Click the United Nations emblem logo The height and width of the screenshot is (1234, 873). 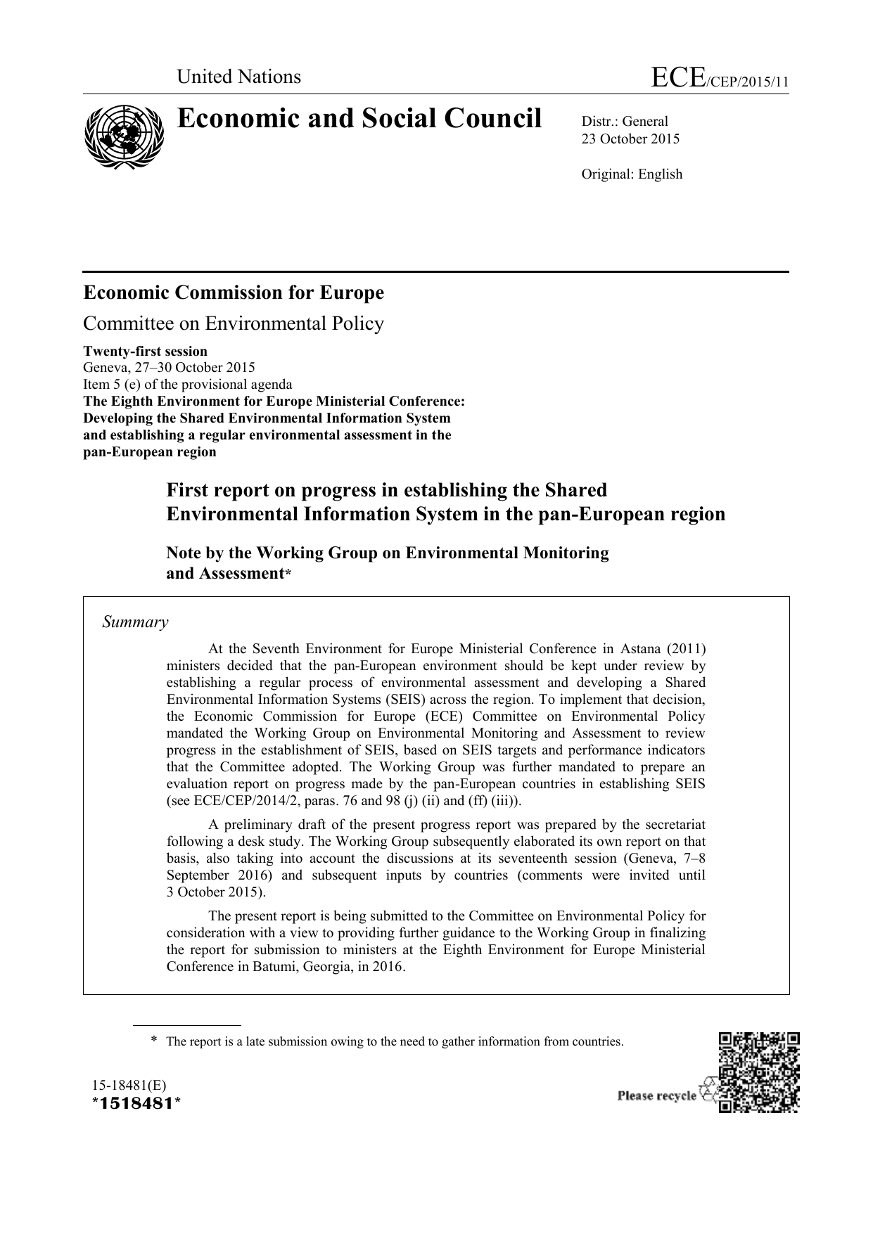click(124, 136)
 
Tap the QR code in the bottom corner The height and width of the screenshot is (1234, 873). click(758, 1072)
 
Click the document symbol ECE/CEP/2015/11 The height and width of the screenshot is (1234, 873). click(720, 79)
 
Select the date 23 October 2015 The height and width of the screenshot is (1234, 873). click(630, 139)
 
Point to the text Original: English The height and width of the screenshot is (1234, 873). click(631, 174)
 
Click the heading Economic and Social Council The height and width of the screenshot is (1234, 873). click(359, 119)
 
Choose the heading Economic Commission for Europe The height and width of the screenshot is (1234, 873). click(234, 293)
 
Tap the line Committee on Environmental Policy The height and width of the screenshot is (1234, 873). click(234, 323)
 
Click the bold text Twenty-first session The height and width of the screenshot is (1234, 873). click(146, 351)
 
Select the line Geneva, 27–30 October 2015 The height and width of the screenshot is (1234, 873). click(169, 367)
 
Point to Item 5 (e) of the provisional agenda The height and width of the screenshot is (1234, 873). click(187, 384)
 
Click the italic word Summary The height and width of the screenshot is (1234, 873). click(135, 622)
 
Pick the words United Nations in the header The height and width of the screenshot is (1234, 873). click(238, 77)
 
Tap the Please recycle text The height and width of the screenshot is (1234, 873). click(656, 1095)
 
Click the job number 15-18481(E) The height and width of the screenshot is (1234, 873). click(125, 1085)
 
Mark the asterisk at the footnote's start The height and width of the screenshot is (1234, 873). click(153, 1041)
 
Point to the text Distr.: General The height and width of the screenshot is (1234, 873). click(624, 122)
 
